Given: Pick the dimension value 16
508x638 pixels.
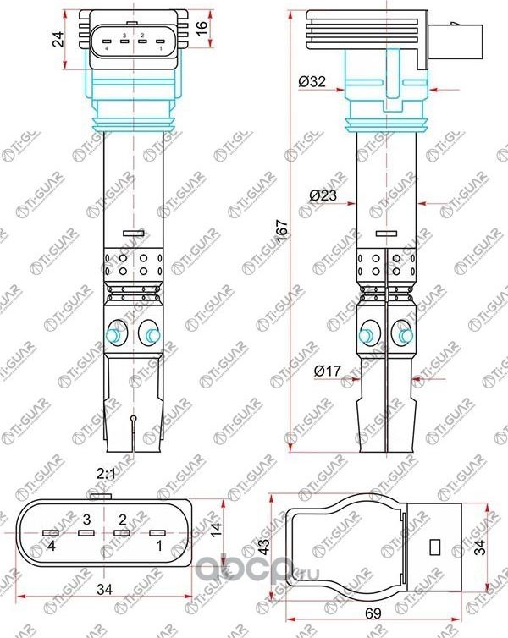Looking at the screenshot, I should click(202, 25).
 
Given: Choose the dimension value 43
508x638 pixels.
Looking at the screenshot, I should click(264, 547).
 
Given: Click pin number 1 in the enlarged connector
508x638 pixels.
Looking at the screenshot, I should click(157, 548).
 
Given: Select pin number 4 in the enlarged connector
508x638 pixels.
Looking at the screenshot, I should click(52, 548).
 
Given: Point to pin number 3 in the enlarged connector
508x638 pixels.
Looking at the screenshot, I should click(86, 518).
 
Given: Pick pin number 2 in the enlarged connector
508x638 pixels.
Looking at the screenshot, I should click(123, 518).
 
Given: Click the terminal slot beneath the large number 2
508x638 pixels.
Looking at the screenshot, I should click(122, 533).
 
